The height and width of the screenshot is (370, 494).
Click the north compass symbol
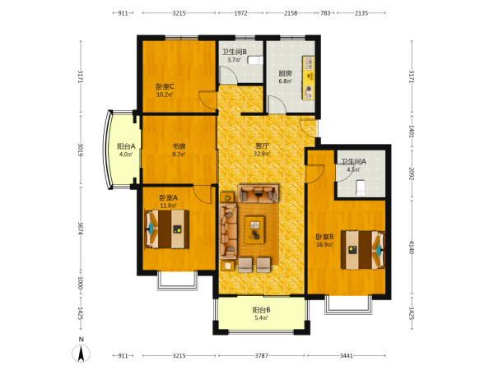[82, 354]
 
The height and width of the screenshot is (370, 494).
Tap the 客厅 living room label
[262, 146]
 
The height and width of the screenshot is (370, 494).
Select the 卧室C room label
[165, 86]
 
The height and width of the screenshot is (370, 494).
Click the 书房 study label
[179, 146]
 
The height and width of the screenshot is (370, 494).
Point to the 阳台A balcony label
[126, 146]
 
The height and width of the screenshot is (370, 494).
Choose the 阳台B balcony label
[261, 310]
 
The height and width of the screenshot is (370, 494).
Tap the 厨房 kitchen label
[285, 73]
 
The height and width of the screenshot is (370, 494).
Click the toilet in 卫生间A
[361, 187]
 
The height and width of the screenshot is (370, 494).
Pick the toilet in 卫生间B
[255, 60]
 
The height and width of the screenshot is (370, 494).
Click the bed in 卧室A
[166, 229]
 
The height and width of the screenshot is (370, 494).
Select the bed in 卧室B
[363, 250]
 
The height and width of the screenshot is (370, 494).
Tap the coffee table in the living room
[254, 229]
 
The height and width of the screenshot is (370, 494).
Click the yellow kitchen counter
[309, 78]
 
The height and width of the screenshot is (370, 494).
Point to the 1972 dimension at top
[240, 13]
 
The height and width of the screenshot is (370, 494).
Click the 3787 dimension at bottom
[262, 356]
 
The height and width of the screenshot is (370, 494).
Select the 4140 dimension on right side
[412, 247]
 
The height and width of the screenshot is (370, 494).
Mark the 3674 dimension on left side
[81, 229]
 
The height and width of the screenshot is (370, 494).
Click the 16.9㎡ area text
[324, 244]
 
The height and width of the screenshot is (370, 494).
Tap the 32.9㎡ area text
[262, 154]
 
